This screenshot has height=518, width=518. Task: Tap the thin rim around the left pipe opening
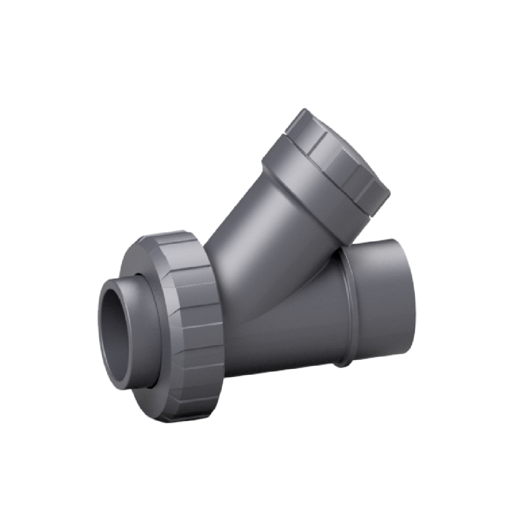(x=101, y=331)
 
